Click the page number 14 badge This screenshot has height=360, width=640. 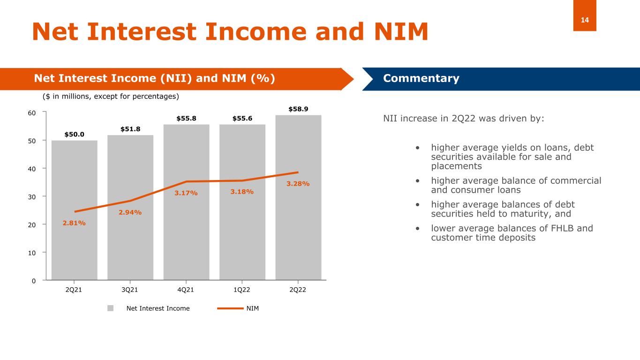585,20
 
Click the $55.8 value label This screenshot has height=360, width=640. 186,119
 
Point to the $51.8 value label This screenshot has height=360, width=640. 130,129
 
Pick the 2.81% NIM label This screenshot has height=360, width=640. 74,223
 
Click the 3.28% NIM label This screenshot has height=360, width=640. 298,184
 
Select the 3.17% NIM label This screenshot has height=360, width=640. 186,193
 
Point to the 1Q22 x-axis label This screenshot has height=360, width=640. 242,290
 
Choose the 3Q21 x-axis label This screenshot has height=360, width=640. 130,290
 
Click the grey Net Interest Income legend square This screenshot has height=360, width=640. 111,308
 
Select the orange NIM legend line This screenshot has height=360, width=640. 230,308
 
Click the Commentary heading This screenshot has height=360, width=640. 421,78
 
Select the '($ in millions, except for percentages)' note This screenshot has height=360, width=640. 111,96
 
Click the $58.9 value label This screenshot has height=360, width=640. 298,109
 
